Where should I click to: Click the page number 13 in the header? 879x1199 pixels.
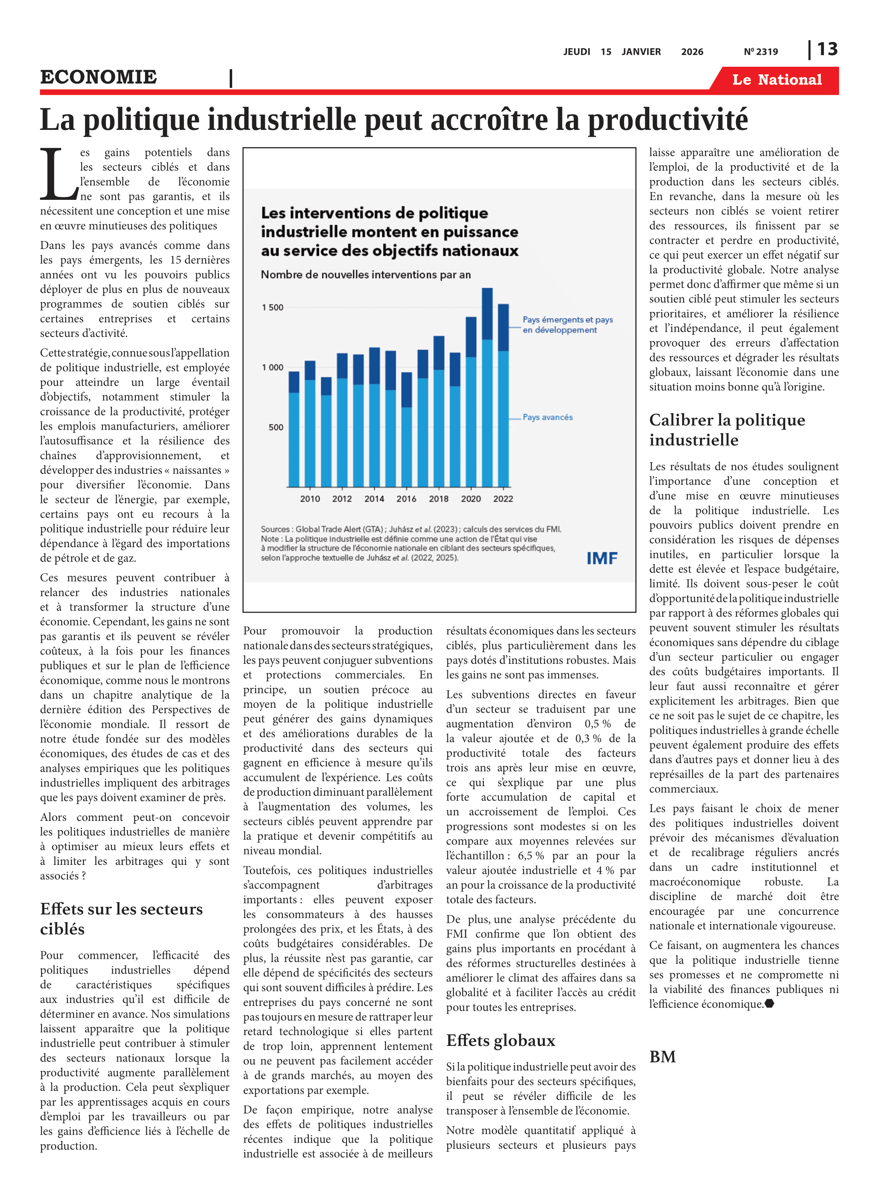pyautogui.click(x=827, y=50)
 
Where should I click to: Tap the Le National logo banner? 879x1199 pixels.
pyautogui.click(x=776, y=80)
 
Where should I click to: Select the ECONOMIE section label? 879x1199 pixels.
pyautogui.click(x=98, y=77)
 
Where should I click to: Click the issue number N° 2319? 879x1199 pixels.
pyautogui.click(x=760, y=52)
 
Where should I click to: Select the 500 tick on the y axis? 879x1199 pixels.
pyautogui.click(x=276, y=427)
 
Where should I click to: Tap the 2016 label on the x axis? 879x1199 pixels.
pyautogui.click(x=406, y=499)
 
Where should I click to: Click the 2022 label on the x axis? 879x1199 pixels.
pyautogui.click(x=503, y=499)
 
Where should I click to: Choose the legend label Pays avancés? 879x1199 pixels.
pyautogui.click(x=547, y=417)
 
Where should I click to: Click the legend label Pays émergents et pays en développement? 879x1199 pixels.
pyautogui.click(x=567, y=325)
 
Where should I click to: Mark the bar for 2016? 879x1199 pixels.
pyautogui.click(x=406, y=430)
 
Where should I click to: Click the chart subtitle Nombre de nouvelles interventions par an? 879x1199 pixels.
pyautogui.click(x=366, y=275)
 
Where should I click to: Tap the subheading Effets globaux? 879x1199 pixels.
pyautogui.click(x=501, y=1040)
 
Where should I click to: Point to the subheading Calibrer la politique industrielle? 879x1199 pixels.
pyautogui.click(x=727, y=430)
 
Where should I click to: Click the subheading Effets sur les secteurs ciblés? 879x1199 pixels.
pyautogui.click(x=121, y=918)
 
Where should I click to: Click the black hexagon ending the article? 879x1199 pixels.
pyautogui.click(x=769, y=1004)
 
